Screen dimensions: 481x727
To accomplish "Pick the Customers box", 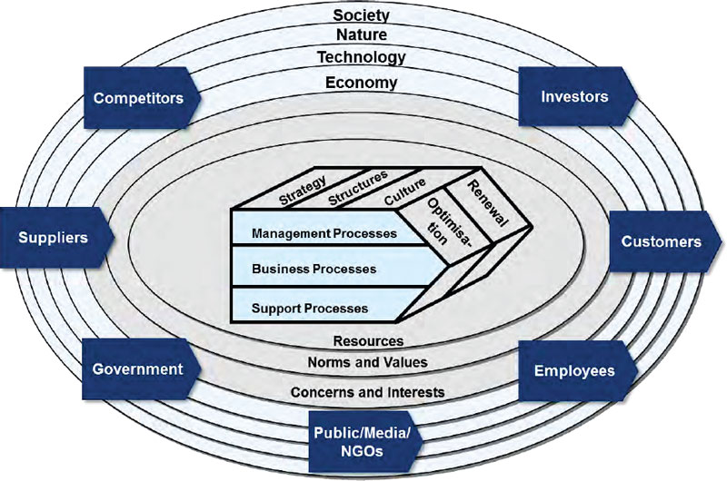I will click(x=661, y=241).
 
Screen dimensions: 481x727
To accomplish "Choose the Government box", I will click(x=137, y=369).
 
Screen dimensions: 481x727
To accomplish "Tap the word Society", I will click(x=361, y=15).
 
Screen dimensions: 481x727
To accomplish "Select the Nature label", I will click(x=361, y=35).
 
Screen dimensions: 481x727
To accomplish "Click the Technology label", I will click(x=361, y=57).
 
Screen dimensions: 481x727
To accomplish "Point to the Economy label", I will click(x=361, y=83).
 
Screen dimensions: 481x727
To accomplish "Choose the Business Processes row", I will click(x=314, y=269).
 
